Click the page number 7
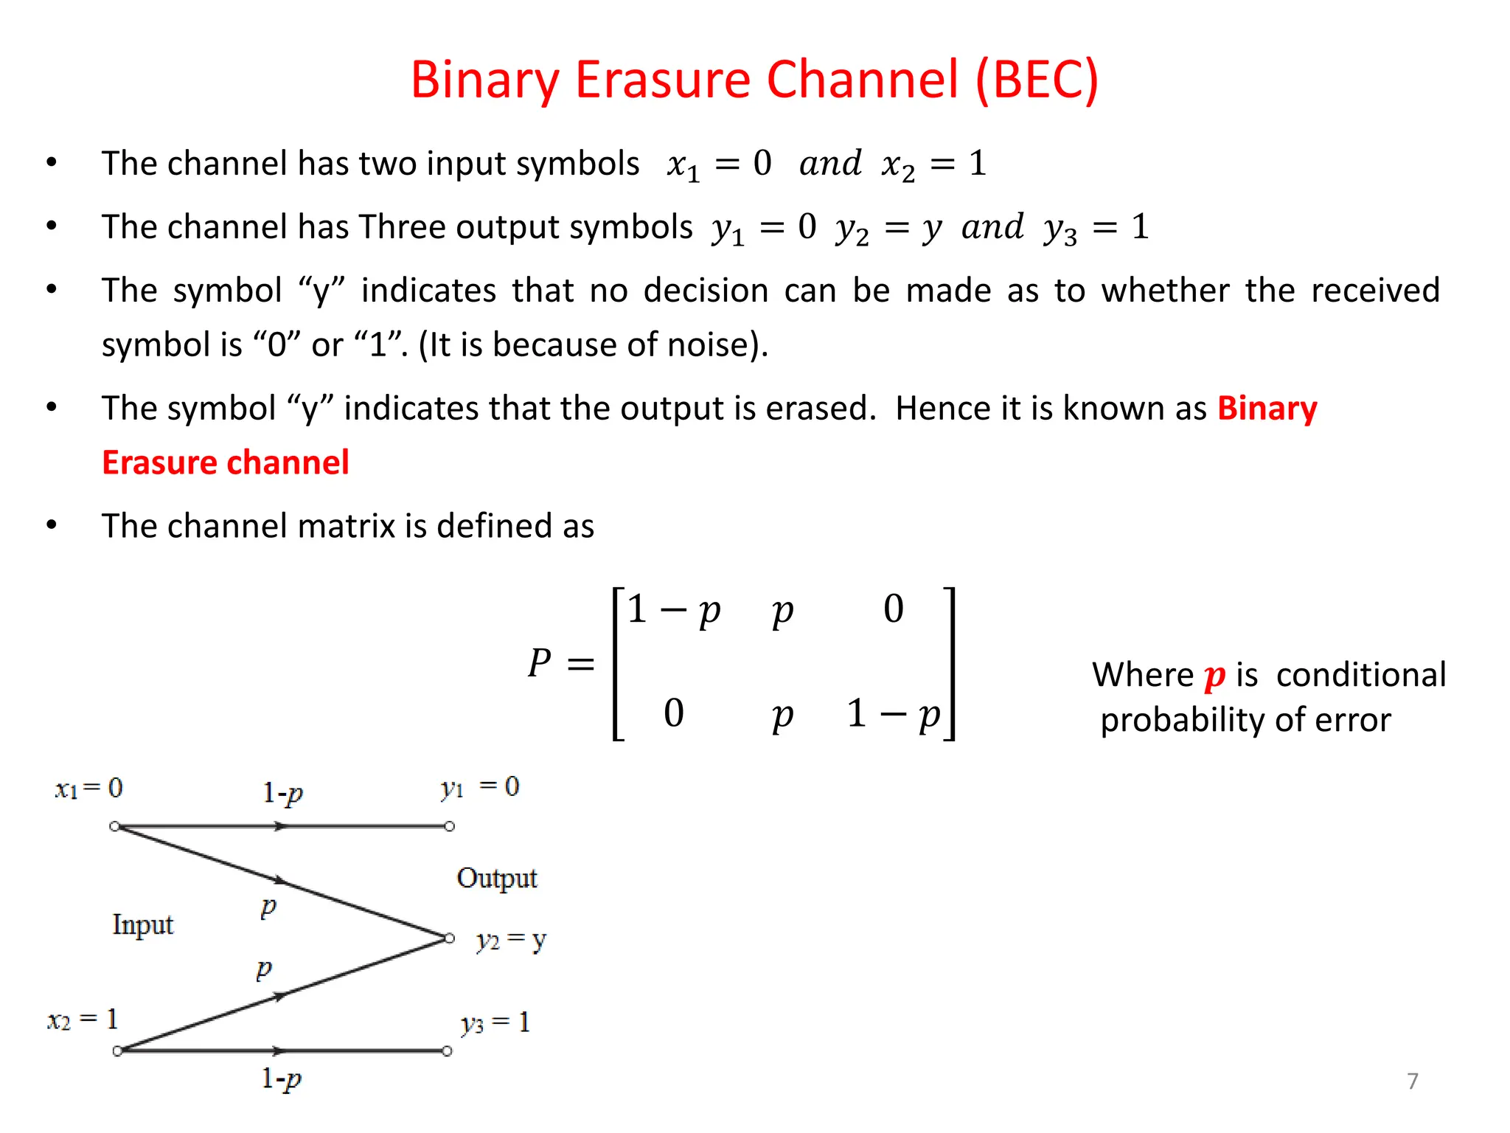[x=1412, y=1081]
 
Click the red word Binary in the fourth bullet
[x=1267, y=408]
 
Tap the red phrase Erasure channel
[x=226, y=462]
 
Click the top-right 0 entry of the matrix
[x=893, y=609]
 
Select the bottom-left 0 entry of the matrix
[x=673, y=713]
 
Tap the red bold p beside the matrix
[x=1214, y=676]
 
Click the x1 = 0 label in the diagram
[x=89, y=789]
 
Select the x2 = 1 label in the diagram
[x=83, y=1020]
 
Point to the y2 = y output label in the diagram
[x=511, y=940]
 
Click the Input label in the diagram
[x=142, y=924]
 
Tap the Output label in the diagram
[x=497, y=878]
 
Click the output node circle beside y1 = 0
[x=449, y=827]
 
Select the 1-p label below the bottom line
[x=282, y=1079]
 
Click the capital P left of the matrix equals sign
[x=539, y=662]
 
